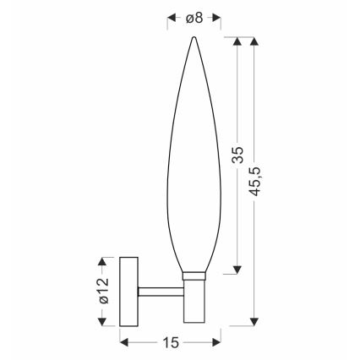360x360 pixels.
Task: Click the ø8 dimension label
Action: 194,16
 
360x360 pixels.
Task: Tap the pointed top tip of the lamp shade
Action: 194,38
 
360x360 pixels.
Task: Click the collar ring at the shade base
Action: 194,275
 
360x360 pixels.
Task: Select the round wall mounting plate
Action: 129,291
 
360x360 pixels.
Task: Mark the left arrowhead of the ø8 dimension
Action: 172,16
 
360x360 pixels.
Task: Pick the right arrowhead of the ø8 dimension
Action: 216,16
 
